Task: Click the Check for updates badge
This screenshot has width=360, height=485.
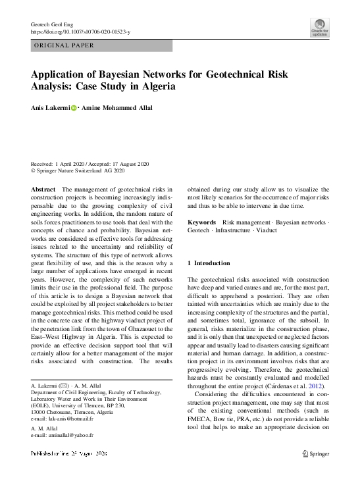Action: click(x=319, y=28)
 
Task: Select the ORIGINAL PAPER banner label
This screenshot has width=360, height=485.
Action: click(x=63, y=46)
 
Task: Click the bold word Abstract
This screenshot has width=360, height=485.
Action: click(x=43, y=189)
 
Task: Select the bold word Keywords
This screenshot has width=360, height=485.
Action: click(x=202, y=223)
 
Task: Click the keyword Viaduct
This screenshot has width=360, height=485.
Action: click(x=269, y=232)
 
